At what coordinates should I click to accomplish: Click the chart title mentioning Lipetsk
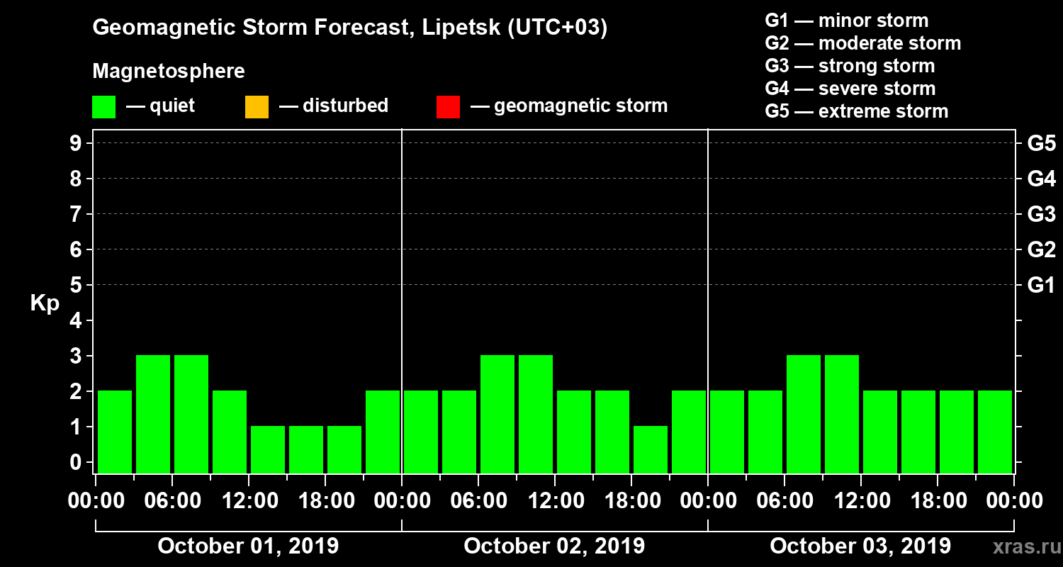[350, 28]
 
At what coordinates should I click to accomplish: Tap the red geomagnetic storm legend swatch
[449, 107]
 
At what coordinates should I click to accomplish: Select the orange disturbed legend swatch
[257, 107]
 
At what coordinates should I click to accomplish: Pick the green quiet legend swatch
[103, 107]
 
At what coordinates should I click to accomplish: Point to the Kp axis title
[45, 303]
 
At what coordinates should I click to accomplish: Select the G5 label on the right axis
[1041, 144]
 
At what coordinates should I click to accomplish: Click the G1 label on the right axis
[1041, 286]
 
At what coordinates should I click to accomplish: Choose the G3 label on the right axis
[1041, 215]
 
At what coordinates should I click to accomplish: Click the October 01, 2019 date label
[248, 546]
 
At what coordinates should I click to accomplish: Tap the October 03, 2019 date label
[860, 546]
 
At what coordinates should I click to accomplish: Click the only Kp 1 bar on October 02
[651, 449]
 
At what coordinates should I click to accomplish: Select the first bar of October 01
[115, 432]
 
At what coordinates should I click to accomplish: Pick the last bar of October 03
[995, 432]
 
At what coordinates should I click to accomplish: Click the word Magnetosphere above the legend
[169, 72]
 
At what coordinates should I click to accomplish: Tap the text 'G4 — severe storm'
[850, 89]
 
